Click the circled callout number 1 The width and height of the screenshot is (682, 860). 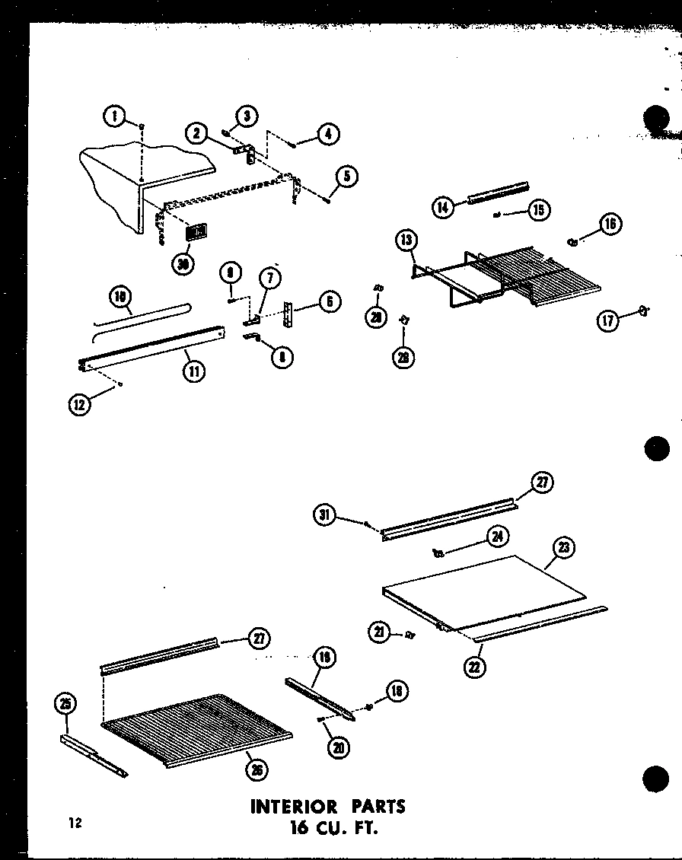click(x=113, y=117)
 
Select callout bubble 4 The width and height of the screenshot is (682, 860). click(x=329, y=135)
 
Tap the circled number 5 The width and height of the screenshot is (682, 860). click(x=346, y=177)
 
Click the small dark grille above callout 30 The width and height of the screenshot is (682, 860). click(x=196, y=231)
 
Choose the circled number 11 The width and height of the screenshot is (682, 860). click(x=194, y=373)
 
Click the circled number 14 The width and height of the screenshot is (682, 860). click(x=443, y=207)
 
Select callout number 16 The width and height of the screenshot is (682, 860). click(x=610, y=223)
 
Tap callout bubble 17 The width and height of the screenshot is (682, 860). click(x=609, y=320)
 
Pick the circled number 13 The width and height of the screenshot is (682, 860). click(x=406, y=241)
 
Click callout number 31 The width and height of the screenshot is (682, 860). click(x=325, y=516)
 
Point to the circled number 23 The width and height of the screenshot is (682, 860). click(x=565, y=547)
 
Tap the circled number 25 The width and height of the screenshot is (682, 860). click(x=65, y=704)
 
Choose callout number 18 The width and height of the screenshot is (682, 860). click(x=397, y=690)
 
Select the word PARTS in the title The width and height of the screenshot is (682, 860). click(x=378, y=806)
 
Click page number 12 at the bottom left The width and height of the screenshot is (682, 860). click(x=73, y=823)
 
